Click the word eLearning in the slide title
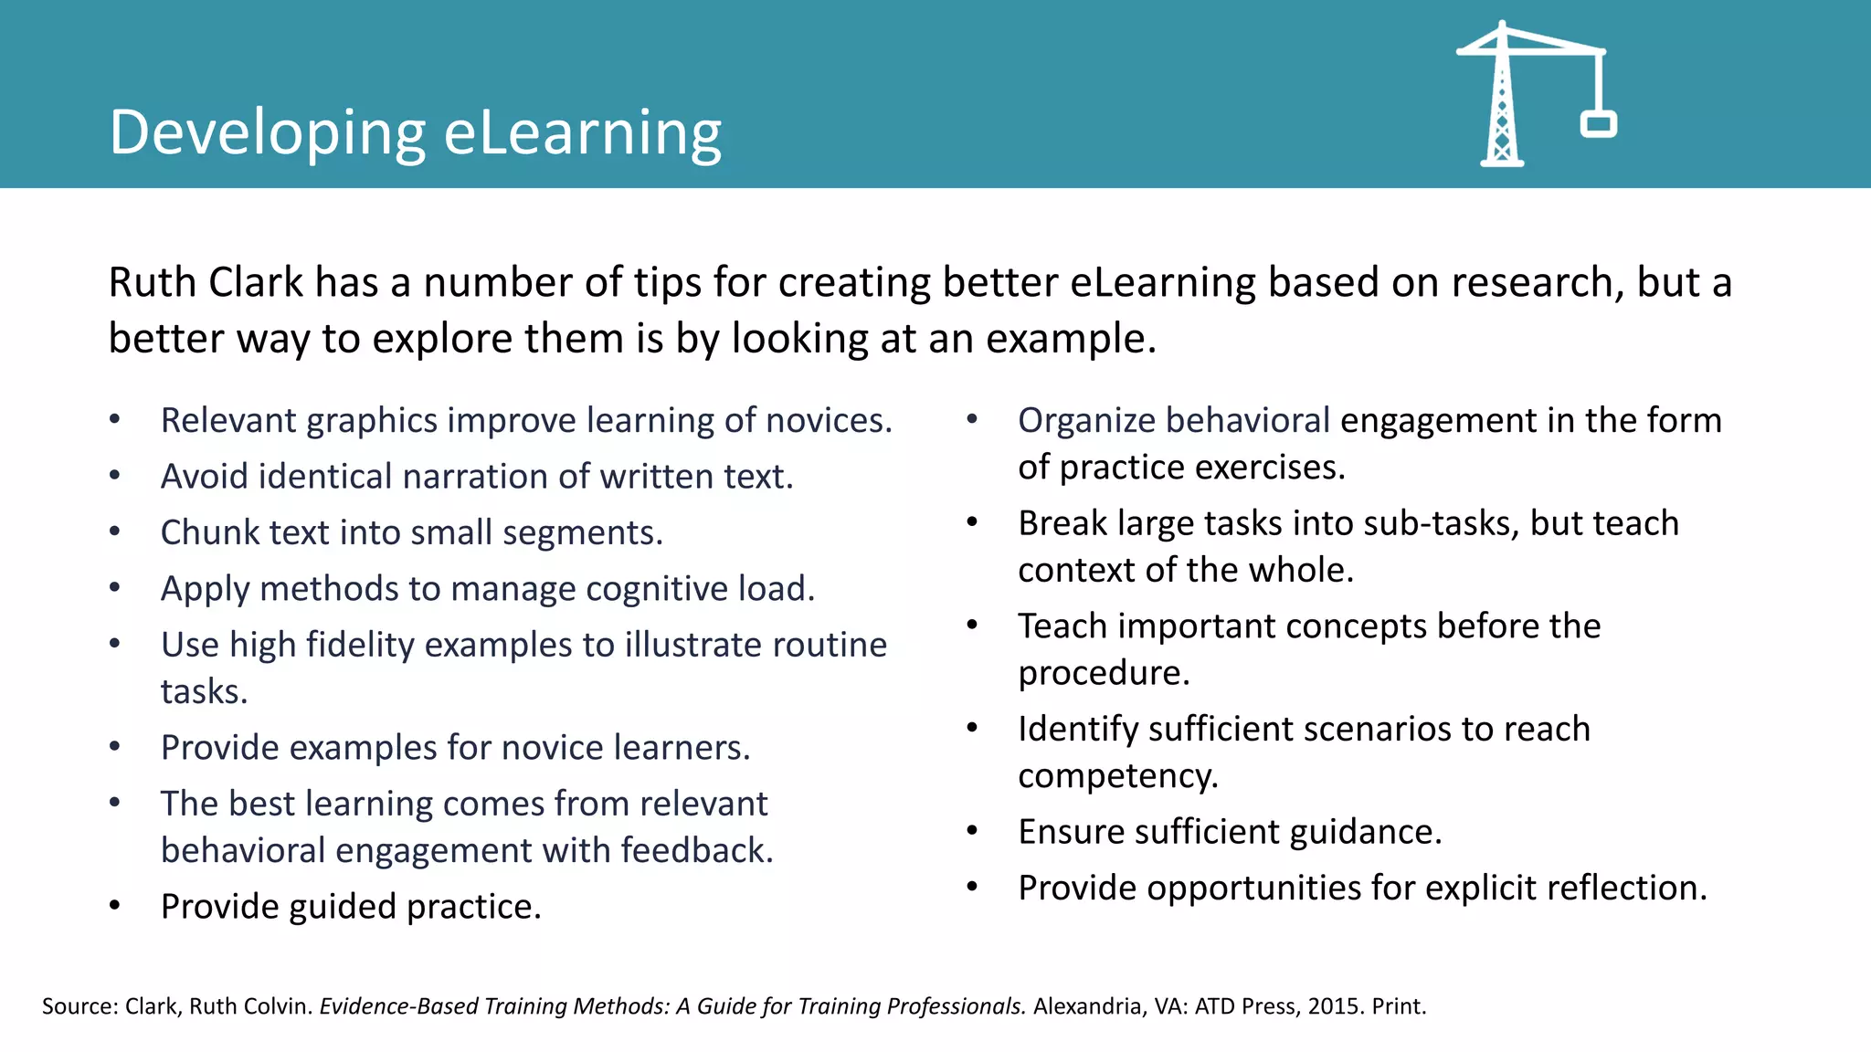(583, 132)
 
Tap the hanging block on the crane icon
(1599, 124)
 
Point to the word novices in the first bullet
(828, 420)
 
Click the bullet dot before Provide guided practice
(115, 906)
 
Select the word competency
(1117, 776)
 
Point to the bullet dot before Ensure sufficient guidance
(973, 831)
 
